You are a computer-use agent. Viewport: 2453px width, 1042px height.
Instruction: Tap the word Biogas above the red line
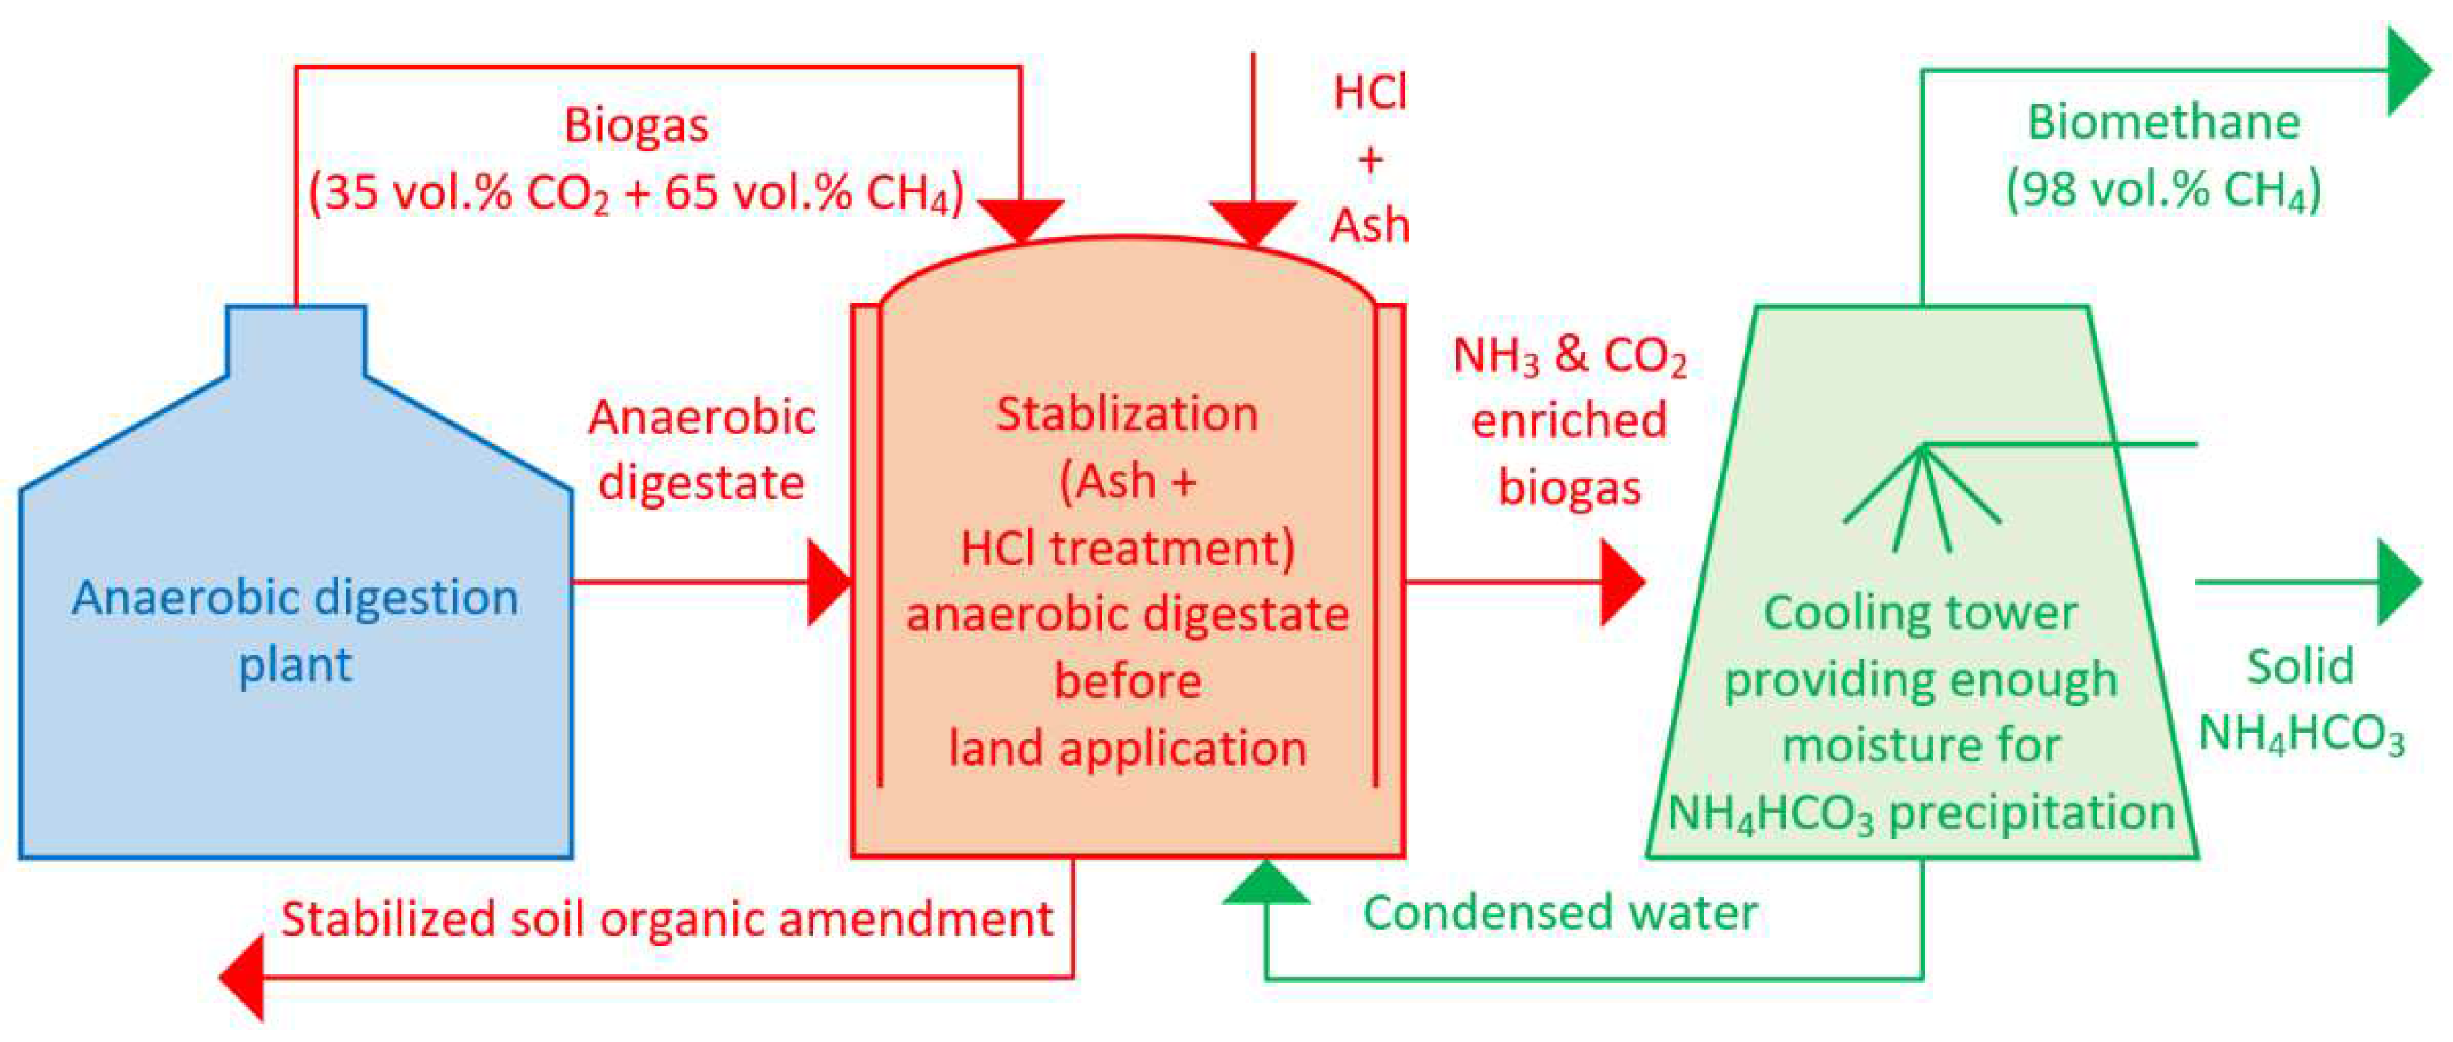[x=636, y=126]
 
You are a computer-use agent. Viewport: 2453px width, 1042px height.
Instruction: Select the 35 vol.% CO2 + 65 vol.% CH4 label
[x=636, y=193]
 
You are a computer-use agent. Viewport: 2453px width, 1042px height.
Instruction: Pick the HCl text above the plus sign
[x=1370, y=93]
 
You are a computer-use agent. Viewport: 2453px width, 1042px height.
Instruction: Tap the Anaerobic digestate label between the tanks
[x=702, y=449]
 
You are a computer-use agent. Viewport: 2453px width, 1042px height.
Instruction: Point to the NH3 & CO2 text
[x=1569, y=356]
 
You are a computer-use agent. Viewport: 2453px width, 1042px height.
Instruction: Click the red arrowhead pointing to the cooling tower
[x=1621, y=582]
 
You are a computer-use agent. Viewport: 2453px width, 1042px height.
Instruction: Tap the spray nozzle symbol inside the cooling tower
[x=1922, y=495]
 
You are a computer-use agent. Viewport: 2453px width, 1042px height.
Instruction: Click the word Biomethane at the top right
[x=2164, y=123]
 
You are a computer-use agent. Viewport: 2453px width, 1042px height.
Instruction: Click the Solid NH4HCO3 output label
[x=2300, y=700]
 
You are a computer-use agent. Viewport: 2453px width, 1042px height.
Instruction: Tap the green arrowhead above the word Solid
[x=2399, y=582]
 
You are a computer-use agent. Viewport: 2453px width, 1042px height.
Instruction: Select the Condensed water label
[x=1560, y=913]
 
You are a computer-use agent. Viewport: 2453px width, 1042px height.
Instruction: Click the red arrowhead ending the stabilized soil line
[x=242, y=977]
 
